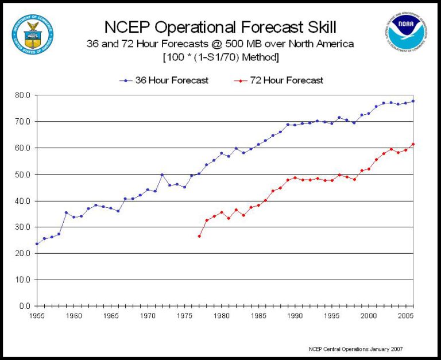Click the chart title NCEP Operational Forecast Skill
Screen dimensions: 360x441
point(220,27)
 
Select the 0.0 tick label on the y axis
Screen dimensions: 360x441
point(25,306)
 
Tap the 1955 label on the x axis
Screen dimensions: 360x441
point(37,316)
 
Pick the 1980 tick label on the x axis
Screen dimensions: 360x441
point(221,316)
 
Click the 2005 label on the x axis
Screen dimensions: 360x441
point(405,316)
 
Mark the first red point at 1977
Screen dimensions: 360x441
point(199,236)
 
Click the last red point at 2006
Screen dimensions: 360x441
point(413,144)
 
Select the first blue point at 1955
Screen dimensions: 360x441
point(37,244)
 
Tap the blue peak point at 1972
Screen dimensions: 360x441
point(162,175)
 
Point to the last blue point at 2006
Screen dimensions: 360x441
point(413,101)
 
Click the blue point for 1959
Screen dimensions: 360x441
point(66,212)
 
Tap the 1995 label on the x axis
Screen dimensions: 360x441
point(332,316)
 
